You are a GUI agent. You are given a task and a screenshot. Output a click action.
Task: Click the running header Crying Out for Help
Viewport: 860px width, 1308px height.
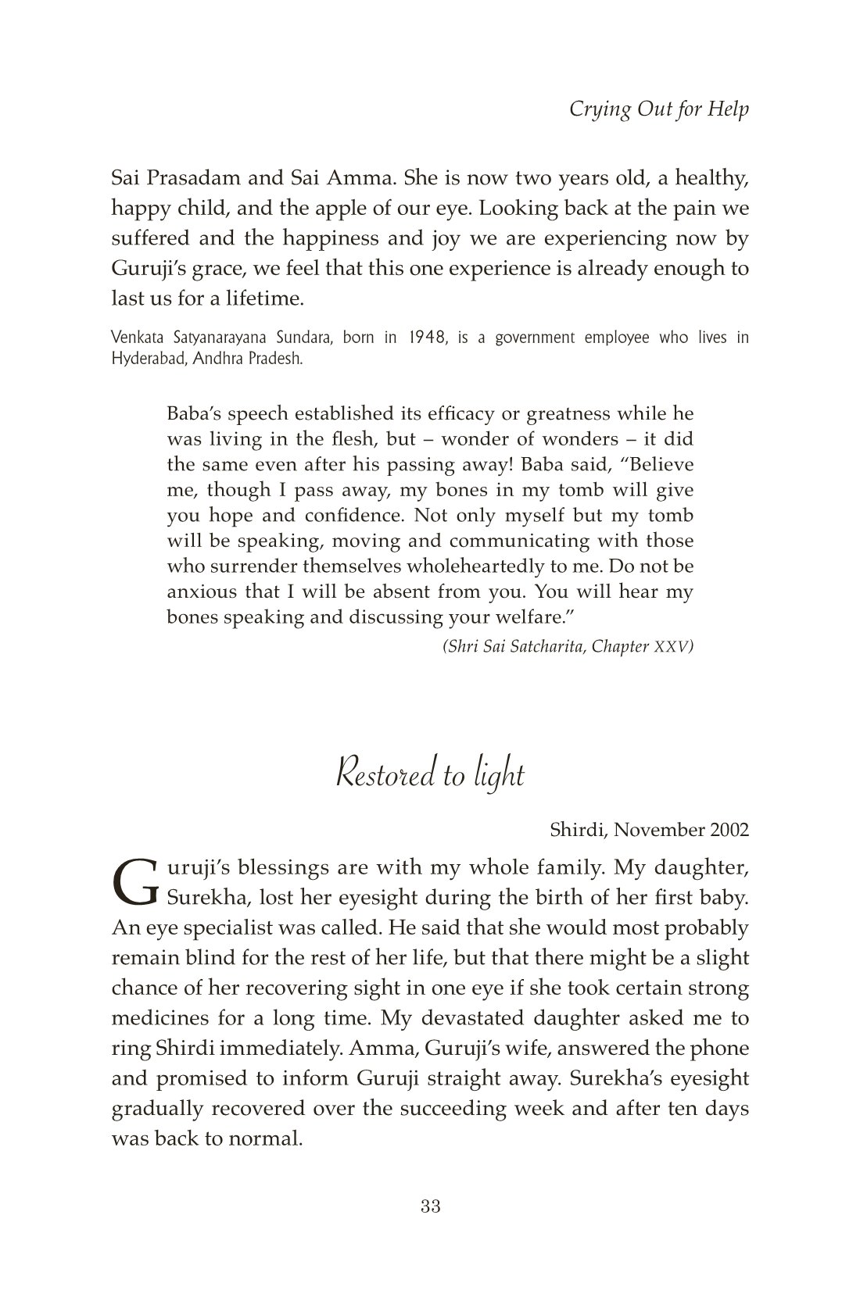(x=658, y=109)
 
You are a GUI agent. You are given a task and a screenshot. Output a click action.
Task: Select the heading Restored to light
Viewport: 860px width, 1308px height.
(x=429, y=775)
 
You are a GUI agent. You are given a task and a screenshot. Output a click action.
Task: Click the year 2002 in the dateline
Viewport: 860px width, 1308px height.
(x=729, y=830)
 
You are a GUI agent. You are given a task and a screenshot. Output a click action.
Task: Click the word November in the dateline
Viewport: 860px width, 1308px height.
(x=659, y=830)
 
